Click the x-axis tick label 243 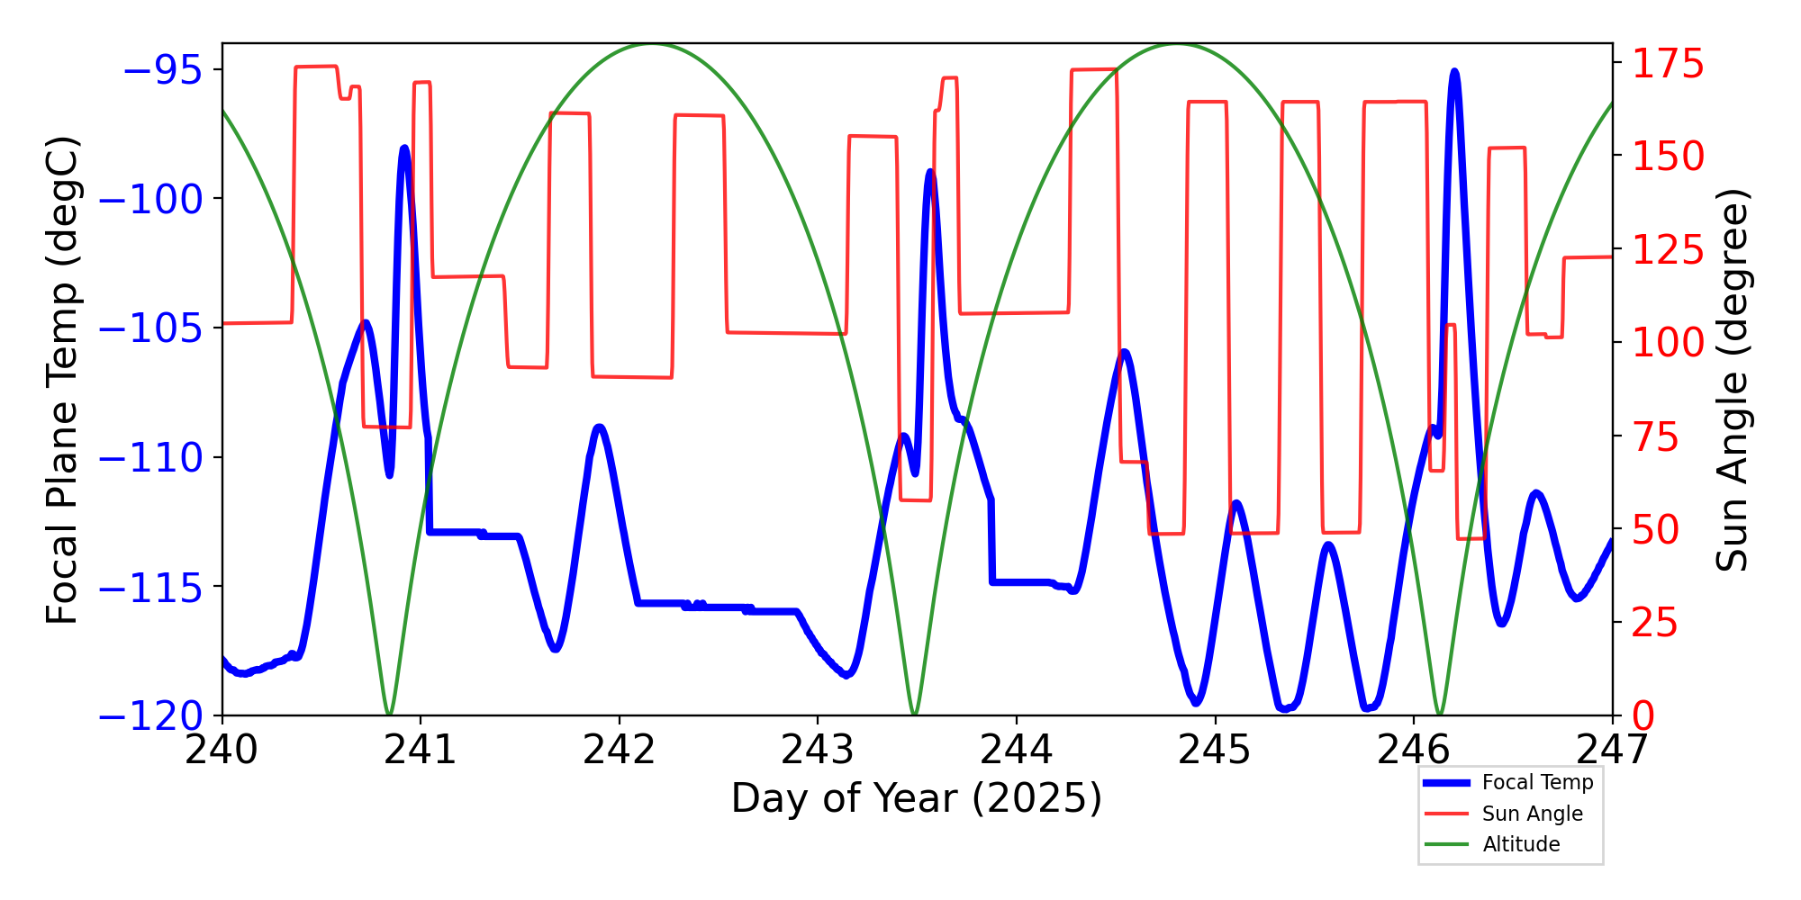coord(818,749)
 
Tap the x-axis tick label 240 coord(222,749)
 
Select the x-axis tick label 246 coord(1413,749)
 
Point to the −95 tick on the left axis coord(162,70)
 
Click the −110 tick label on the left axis coord(150,458)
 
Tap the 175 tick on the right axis coord(1669,64)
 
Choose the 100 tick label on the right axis coord(1669,343)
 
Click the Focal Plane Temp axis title coord(63,380)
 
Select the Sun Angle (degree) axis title coord(1731,380)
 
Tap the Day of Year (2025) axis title coord(916,798)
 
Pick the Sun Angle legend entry coord(1532,814)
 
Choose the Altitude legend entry coord(1521,844)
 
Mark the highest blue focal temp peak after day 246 coord(1454,71)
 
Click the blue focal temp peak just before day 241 coord(404,148)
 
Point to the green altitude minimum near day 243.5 coord(914,714)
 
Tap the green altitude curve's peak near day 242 coord(652,44)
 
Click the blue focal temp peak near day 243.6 coord(930,171)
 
